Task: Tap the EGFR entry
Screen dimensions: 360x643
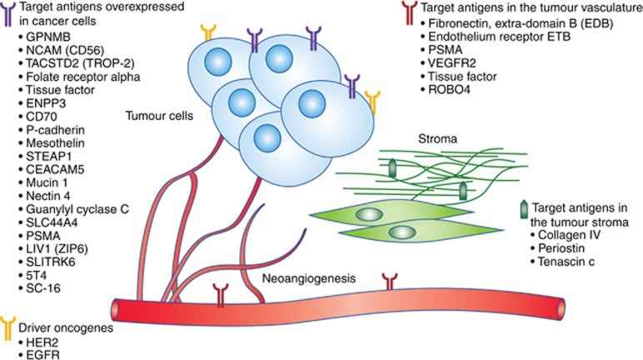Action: pos(35,353)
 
